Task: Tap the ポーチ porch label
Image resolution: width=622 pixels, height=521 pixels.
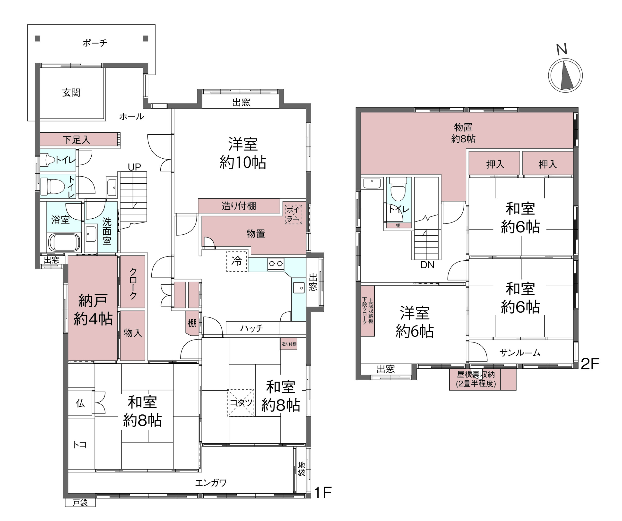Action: [x=95, y=43]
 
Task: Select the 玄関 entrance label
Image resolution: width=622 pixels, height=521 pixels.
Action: [x=71, y=93]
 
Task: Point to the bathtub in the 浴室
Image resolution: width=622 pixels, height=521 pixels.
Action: [x=64, y=242]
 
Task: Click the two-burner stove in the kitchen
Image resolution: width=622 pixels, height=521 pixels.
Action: [x=276, y=264]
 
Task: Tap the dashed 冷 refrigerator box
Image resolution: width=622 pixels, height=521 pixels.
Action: [x=237, y=261]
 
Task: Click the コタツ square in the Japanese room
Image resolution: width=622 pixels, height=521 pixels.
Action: [x=241, y=403]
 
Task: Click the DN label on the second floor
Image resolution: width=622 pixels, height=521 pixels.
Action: [x=427, y=265]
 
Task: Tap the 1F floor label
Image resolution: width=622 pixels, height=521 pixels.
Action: [x=323, y=492]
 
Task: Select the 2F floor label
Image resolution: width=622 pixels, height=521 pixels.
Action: [x=590, y=364]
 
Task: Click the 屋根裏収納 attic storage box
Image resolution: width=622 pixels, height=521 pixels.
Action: [x=483, y=379]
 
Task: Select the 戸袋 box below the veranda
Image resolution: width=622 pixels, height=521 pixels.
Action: [x=80, y=503]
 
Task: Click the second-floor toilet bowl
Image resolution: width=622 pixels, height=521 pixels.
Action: [x=398, y=189]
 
